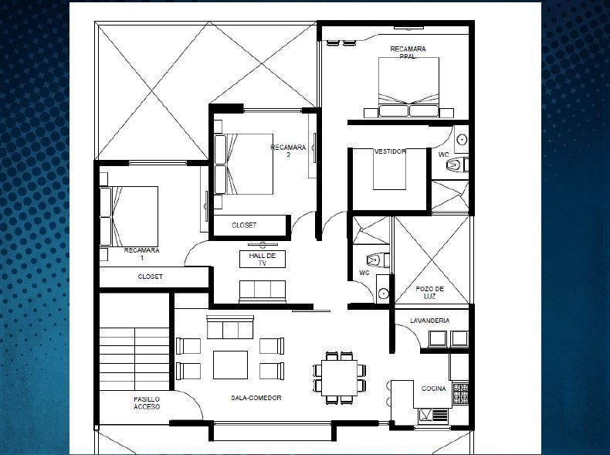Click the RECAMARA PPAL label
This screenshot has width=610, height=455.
coord(408,53)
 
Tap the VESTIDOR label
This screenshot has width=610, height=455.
coord(390,151)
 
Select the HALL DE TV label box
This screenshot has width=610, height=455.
coord(263,260)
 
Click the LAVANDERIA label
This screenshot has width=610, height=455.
coord(429,321)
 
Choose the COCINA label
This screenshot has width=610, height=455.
coord(433,389)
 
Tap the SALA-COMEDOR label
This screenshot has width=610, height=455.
coord(256,398)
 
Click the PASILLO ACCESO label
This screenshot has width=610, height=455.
coord(147,402)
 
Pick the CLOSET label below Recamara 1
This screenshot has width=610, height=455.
coord(150,277)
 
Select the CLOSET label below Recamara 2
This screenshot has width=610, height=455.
coord(244,225)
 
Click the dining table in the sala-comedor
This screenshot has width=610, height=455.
coord(339,378)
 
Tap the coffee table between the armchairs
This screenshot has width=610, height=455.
coord(230,365)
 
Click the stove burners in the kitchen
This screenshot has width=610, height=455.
coord(461,393)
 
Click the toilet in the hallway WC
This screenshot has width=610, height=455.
coord(377,260)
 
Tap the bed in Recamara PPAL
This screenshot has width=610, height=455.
coord(408,87)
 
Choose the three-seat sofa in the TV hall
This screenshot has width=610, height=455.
coord(263,291)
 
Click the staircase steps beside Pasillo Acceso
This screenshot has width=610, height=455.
coord(134,359)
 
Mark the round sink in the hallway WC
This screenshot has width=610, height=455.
coord(384,293)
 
